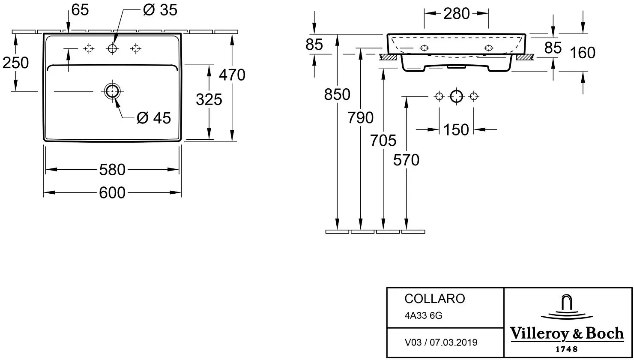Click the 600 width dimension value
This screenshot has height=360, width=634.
[x=112, y=193]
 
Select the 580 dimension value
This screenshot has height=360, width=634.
[x=112, y=170]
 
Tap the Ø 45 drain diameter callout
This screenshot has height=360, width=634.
[x=154, y=118]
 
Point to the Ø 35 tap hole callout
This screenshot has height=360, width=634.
[x=160, y=10]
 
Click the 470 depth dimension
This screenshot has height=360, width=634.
[x=232, y=75]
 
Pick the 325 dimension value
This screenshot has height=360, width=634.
[x=209, y=100]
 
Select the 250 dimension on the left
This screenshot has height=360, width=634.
[x=15, y=63]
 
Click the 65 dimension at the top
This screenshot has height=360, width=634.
[x=80, y=10]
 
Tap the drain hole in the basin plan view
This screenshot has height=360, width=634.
[x=112, y=91]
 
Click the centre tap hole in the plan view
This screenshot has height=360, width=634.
[x=112, y=49]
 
